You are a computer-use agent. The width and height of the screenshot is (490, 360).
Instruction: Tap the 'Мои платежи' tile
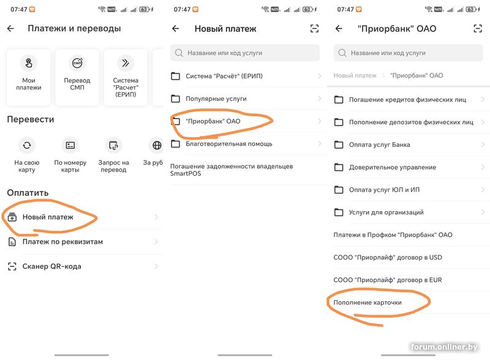pyautogui.click(x=28, y=77)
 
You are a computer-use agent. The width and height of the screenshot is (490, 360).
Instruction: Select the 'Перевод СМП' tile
pyautogui.click(x=77, y=77)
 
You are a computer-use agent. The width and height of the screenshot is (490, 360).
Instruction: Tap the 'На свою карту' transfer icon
pyautogui.click(x=27, y=145)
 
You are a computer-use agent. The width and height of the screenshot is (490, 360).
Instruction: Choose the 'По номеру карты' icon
pyautogui.click(x=70, y=145)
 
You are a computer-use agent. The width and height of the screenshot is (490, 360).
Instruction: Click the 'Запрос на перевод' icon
pyautogui.click(x=113, y=145)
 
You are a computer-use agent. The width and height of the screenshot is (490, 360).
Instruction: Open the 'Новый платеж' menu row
pyautogui.click(x=83, y=217)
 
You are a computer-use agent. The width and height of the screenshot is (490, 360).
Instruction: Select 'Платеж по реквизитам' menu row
pyautogui.click(x=83, y=242)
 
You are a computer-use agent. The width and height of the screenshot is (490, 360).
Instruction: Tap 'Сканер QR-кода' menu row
pyautogui.click(x=83, y=266)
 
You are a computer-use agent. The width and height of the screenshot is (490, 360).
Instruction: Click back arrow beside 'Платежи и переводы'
pyautogui.click(x=10, y=28)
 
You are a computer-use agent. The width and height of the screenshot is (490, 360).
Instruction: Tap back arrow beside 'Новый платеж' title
pyautogui.click(x=176, y=29)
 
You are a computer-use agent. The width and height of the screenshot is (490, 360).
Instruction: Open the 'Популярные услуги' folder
pyautogui.click(x=246, y=99)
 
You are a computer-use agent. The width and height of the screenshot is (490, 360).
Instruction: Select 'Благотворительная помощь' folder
pyautogui.click(x=246, y=144)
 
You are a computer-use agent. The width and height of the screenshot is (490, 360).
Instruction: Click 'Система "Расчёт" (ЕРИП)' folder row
pyautogui.click(x=246, y=76)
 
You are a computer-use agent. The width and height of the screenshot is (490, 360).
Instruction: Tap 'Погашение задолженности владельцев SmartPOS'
pyautogui.click(x=232, y=170)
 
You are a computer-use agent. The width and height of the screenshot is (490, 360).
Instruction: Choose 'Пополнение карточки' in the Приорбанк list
pyautogui.click(x=367, y=302)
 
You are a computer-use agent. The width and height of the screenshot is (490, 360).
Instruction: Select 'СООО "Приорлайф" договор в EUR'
pyautogui.click(x=388, y=280)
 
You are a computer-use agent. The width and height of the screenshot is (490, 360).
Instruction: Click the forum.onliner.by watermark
pyautogui.click(x=444, y=347)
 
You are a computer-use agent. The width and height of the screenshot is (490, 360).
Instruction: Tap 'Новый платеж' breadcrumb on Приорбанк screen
pyautogui.click(x=355, y=75)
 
